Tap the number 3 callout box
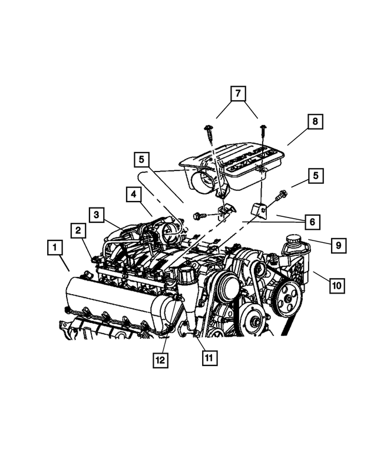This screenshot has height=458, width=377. click(x=97, y=215)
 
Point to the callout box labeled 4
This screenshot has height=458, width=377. click(x=134, y=194)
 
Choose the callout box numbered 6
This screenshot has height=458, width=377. click(x=312, y=222)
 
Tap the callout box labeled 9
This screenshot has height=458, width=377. click(x=338, y=245)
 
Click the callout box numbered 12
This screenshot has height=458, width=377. click(x=160, y=360)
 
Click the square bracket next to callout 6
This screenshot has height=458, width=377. click(x=258, y=209)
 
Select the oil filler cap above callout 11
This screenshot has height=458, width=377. click(x=186, y=275)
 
